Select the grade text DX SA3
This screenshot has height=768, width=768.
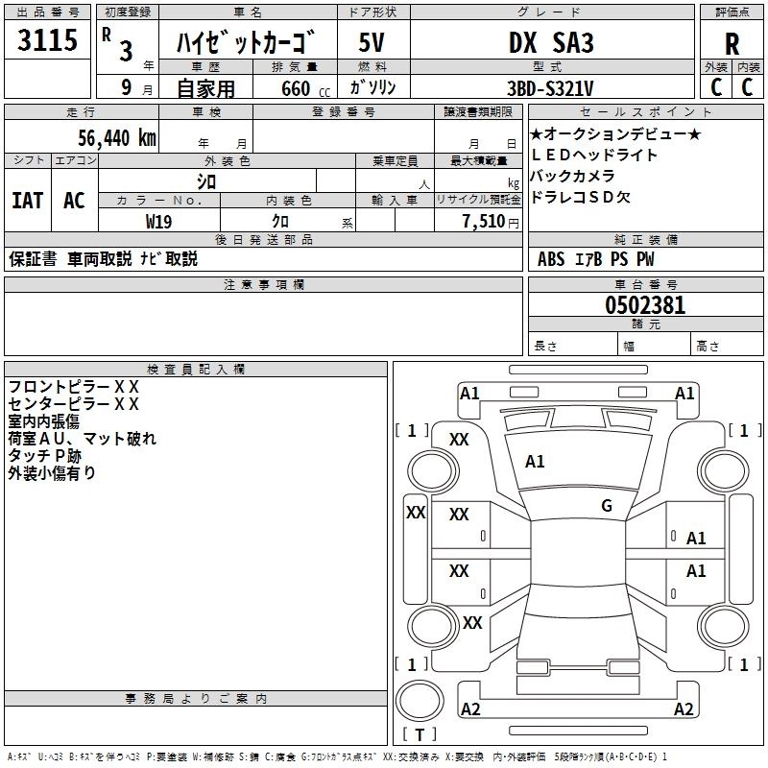pos(551,42)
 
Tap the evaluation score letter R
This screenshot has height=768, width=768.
pos(732,44)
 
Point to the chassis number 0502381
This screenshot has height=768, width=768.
pos(645,306)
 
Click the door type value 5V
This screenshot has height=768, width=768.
pos(372,42)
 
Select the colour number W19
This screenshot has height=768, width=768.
pos(158,221)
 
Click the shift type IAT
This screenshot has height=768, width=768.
pos(27,201)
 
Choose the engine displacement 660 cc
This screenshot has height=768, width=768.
pos(295,87)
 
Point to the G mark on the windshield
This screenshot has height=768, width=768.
pos(607,506)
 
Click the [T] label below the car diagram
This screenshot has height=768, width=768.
pos(418,734)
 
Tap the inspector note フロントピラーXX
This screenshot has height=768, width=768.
pos(73,386)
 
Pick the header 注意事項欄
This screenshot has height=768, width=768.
pos(264,284)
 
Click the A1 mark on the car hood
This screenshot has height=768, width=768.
pos(535,462)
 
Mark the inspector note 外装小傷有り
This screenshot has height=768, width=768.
pos(52,472)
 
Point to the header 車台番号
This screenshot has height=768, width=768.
pos(645,284)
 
